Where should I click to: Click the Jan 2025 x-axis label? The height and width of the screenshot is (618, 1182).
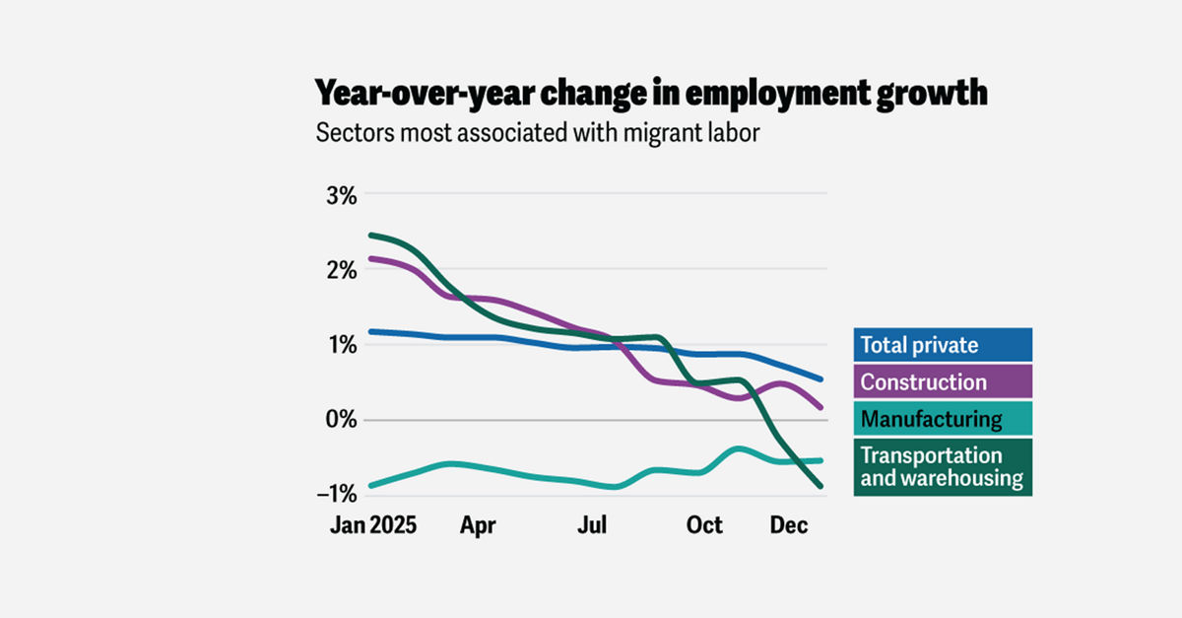tap(372, 525)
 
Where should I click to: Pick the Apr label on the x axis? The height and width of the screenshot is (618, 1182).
tap(478, 525)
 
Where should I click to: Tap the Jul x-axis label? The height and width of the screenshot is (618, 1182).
tap(591, 525)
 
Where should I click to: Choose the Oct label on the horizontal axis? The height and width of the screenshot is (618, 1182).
tap(704, 525)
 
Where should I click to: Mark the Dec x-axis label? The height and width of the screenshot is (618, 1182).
tap(789, 525)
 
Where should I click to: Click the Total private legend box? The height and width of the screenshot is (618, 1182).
tap(942, 345)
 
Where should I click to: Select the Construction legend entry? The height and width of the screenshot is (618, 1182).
tap(942, 381)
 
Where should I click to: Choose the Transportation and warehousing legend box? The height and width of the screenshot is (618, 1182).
tap(942, 467)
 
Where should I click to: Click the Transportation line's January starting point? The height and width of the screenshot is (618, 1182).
tap(370, 236)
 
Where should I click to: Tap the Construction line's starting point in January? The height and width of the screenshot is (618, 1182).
tap(370, 259)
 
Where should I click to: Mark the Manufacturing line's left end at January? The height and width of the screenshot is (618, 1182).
tap(370, 485)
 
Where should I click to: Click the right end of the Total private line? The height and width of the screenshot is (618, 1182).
tap(821, 379)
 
